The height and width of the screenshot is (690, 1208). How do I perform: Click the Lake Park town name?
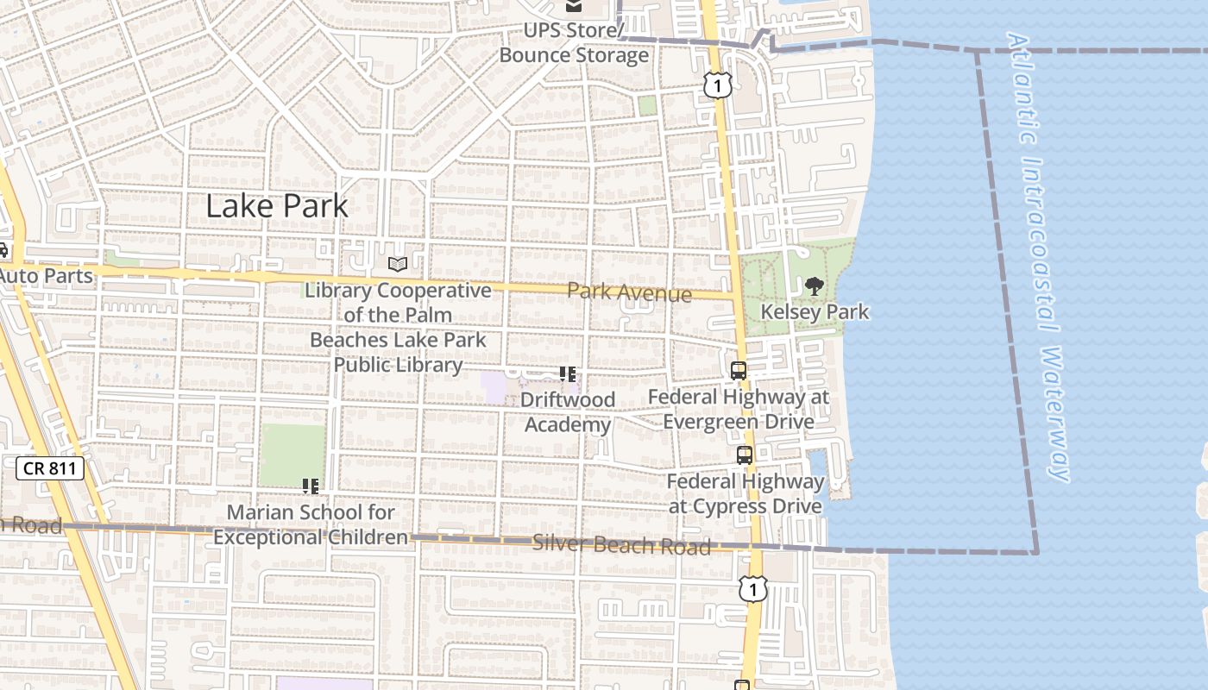[x=277, y=206]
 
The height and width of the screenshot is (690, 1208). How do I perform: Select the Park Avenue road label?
[x=629, y=292]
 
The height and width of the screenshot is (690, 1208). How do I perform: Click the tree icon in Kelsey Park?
[x=814, y=285]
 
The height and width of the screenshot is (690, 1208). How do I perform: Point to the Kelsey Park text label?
[x=815, y=311]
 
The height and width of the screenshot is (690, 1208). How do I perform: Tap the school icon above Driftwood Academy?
[x=567, y=373]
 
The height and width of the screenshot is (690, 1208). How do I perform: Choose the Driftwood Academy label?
[x=568, y=412]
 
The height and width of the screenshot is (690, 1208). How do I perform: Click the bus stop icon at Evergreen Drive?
[x=739, y=371]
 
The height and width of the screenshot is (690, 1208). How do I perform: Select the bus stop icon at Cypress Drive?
[x=745, y=455]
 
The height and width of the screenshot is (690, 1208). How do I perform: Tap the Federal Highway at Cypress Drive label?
[x=746, y=493]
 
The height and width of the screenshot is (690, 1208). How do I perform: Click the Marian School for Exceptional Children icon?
[x=311, y=486]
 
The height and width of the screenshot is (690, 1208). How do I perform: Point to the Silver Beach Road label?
[x=621, y=545]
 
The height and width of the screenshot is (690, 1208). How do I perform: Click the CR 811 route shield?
[x=50, y=469]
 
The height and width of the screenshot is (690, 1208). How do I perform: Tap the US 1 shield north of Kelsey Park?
[x=718, y=85]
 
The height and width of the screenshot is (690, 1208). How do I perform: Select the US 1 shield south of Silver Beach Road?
[x=753, y=588]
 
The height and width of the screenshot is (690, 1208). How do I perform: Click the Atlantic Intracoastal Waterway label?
[x=1040, y=259]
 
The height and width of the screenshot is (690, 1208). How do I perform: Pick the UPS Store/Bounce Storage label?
[x=574, y=43]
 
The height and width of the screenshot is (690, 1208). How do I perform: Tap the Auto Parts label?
[x=47, y=276]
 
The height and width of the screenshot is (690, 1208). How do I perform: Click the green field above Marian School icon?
[x=293, y=454]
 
